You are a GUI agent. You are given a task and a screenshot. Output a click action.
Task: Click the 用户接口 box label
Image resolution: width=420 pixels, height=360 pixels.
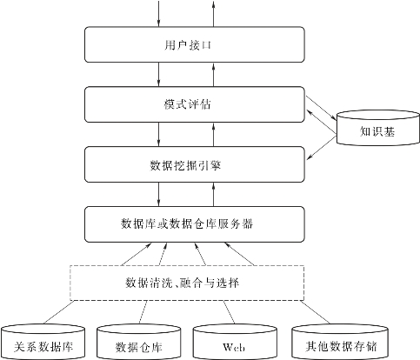188,45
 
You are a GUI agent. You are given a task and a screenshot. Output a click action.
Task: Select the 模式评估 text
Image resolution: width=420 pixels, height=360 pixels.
187,104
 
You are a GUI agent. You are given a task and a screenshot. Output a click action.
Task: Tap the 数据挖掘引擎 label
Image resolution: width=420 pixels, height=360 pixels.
185,165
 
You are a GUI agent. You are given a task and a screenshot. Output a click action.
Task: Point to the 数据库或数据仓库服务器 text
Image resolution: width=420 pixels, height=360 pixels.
187,223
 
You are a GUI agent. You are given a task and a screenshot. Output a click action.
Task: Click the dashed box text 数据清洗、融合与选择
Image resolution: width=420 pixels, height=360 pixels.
183,283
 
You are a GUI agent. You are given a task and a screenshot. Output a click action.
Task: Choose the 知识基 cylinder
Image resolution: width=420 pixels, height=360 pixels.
378,128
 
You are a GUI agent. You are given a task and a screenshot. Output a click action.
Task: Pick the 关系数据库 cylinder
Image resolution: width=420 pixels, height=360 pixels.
43,342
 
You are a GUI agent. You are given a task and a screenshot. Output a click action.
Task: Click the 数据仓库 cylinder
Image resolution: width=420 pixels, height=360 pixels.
139,342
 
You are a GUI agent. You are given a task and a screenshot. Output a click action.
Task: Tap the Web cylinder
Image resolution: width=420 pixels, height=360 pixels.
235,342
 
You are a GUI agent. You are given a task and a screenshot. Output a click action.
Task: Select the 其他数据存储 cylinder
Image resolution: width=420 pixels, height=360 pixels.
340,342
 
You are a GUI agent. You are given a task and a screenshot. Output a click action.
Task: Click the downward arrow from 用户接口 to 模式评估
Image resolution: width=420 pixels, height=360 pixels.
158,74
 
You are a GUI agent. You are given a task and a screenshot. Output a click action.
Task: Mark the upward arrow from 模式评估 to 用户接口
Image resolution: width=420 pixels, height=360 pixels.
213,74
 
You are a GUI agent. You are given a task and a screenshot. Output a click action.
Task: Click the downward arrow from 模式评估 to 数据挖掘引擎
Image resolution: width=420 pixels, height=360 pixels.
158,134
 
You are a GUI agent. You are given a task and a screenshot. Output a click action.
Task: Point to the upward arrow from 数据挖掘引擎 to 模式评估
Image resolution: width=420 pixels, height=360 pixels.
213,134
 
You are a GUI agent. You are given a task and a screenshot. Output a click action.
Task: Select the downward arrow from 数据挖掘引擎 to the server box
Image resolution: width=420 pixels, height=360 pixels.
158,194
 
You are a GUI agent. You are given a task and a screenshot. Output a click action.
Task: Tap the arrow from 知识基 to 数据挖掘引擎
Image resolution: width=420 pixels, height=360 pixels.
322,147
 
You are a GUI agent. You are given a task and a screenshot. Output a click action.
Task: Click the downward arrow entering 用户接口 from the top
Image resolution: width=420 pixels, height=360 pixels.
158,14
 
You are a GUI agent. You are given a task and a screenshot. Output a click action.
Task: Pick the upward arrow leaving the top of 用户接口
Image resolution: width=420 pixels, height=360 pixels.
213,14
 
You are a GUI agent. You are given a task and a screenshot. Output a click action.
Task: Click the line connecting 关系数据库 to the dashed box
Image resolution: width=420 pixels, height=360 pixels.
58,312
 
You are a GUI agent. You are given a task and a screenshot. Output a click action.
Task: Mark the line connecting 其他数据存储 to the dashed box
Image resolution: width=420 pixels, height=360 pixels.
316,312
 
